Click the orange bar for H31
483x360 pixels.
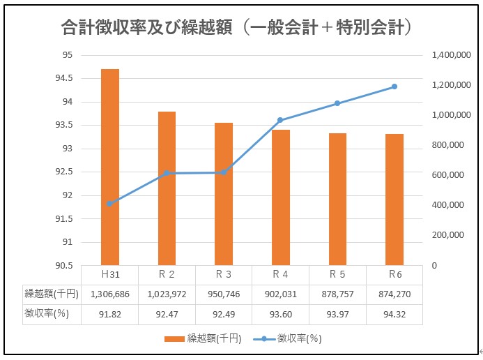(x=110, y=167)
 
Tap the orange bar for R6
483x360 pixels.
(x=394, y=200)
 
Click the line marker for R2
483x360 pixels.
(x=167, y=173)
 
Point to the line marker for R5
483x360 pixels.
(x=337, y=103)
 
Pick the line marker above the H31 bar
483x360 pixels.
(x=109, y=204)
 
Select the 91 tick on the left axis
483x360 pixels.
(x=67, y=242)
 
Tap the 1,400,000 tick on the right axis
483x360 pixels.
(x=452, y=55)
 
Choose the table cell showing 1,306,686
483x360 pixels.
(x=109, y=294)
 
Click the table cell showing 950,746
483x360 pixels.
(x=224, y=294)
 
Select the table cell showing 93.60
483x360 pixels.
(x=281, y=315)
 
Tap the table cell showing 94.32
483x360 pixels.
(x=394, y=315)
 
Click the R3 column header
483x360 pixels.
(x=224, y=274)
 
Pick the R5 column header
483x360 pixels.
(x=337, y=274)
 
